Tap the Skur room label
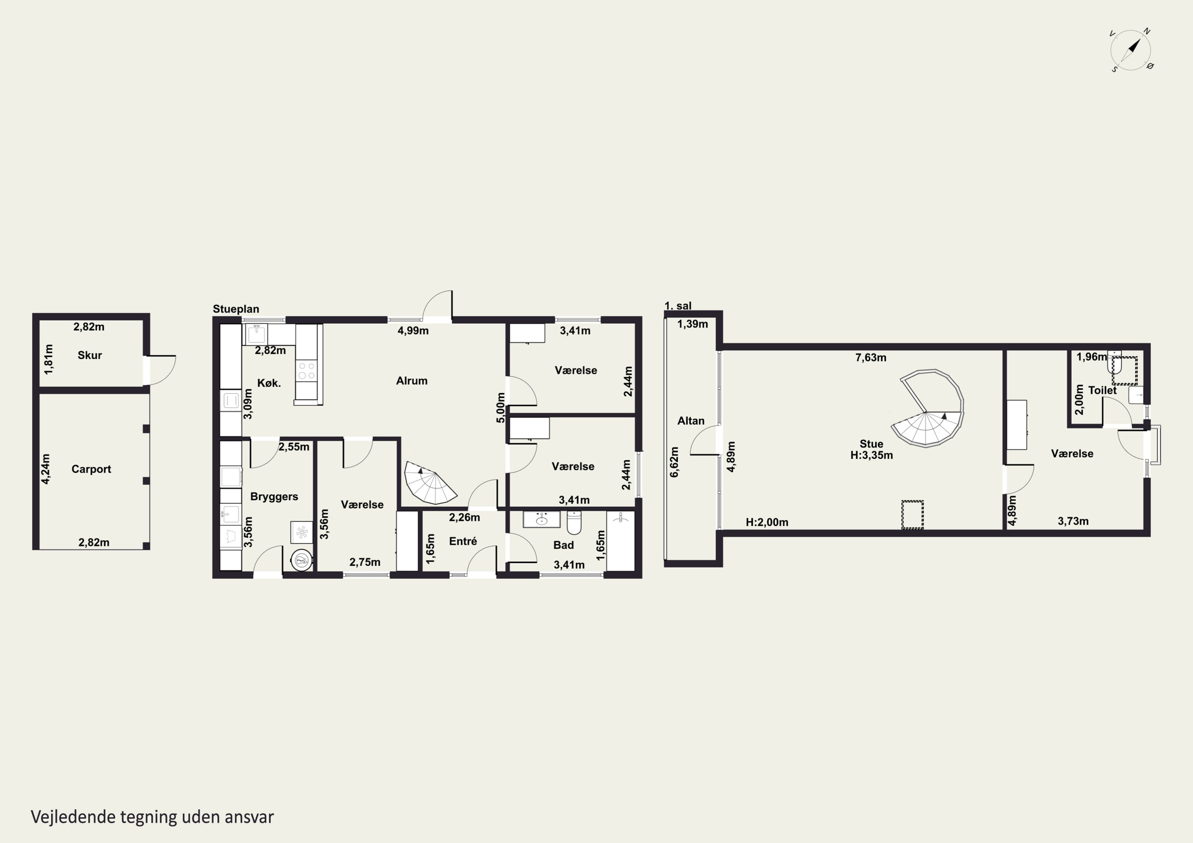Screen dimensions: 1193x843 [x=89, y=355]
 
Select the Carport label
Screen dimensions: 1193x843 [x=91, y=469]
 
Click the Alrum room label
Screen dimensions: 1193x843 [x=412, y=381]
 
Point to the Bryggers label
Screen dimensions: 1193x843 [x=274, y=496]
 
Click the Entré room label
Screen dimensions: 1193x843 [x=463, y=541]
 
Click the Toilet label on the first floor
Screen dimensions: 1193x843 [x=1102, y=390]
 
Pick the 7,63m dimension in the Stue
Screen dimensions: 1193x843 [x=871, y=357]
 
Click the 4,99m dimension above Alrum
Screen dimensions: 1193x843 [x=413, y=330]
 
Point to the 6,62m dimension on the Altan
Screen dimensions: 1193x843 [x=674, y=462]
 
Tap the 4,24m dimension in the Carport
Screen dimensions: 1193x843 [x=46, y=469]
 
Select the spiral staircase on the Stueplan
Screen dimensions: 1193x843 [x=429, y=483]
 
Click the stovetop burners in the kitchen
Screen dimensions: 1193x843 [x=306, y=371]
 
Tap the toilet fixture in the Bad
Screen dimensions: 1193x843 [x=574, y=523]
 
